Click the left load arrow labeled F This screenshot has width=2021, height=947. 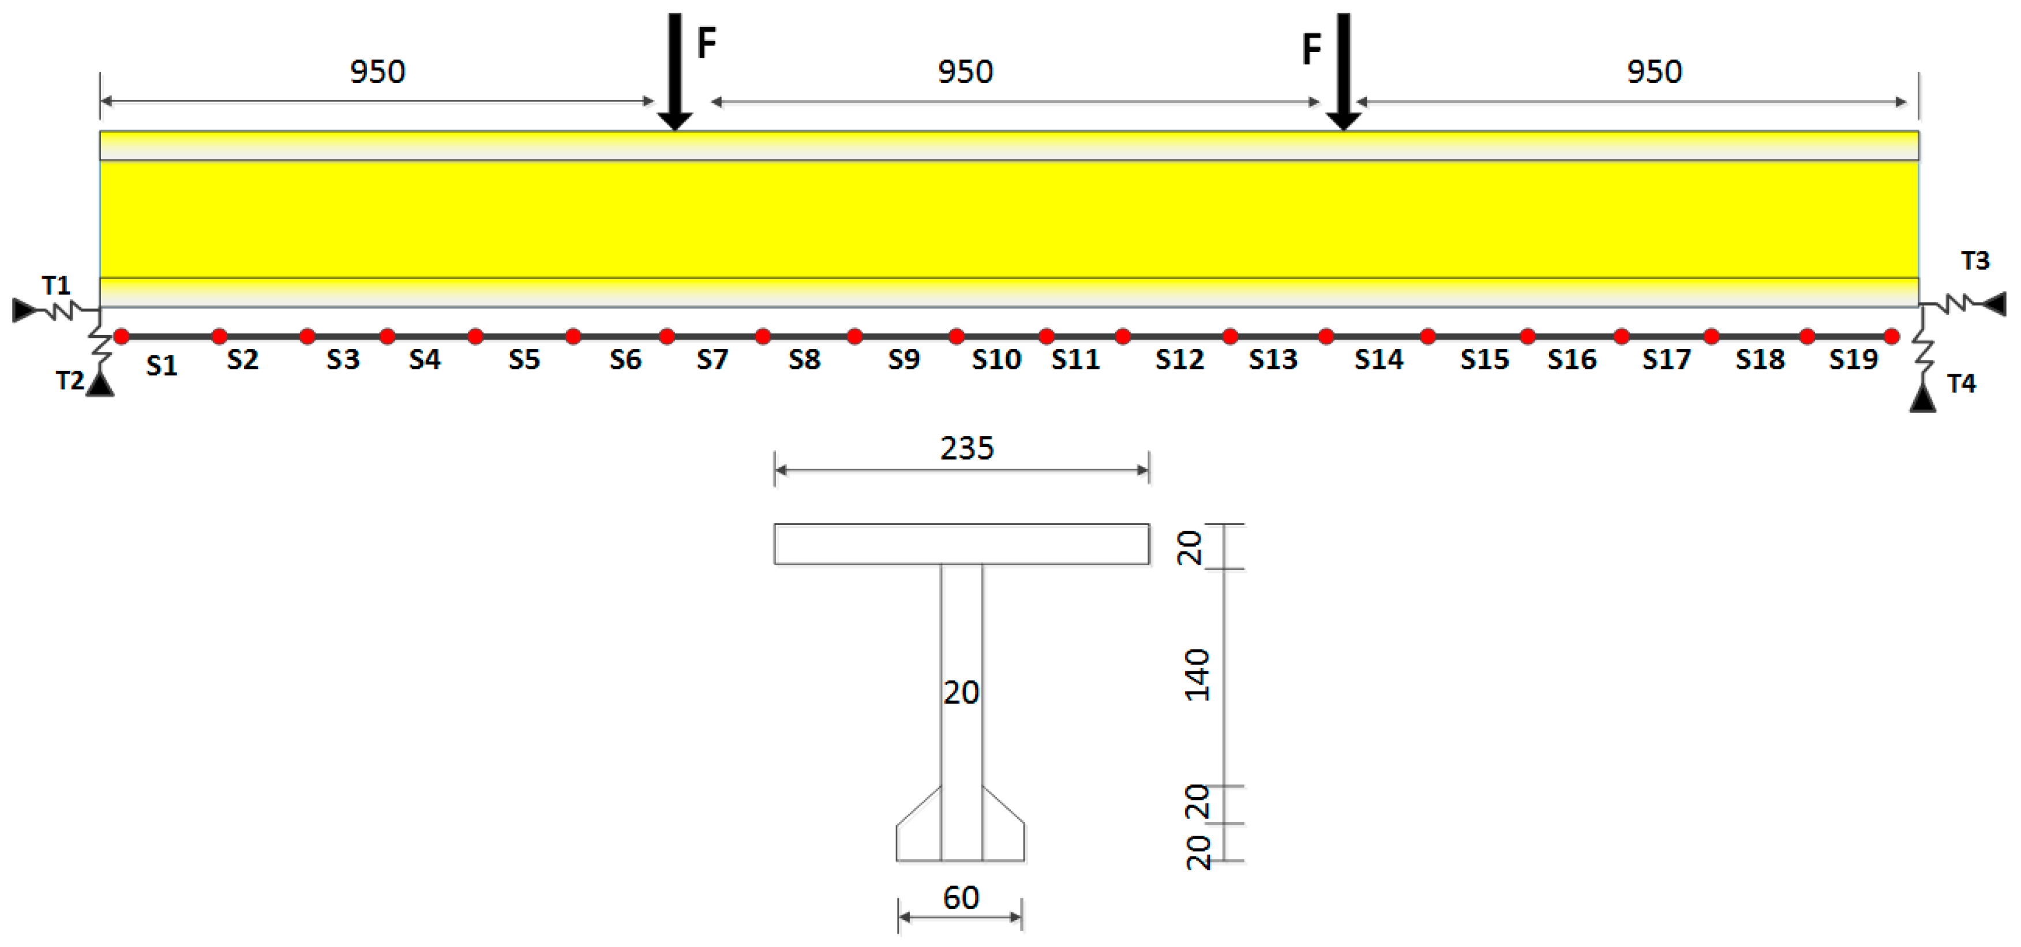tap(674, 70)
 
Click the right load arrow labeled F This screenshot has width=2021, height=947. tap(1343, 70)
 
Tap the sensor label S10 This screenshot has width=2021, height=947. tap(996, 359)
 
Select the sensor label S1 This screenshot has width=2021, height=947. tap(162, 366)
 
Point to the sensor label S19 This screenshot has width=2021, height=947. tap(1853, 359)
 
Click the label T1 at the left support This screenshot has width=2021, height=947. tap(56, 285)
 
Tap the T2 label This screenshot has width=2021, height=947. tap(69, 381)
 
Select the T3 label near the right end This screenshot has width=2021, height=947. tap(1975, 261)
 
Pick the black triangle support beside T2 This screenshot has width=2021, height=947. tap(100, 385)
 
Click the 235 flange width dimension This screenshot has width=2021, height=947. tap(966, 448)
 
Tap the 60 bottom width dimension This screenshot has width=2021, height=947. tap(960, 897)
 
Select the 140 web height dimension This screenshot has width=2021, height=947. tap(1197, 675)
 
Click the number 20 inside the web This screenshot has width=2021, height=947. tap(961, 693)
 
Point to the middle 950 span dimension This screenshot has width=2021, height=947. tap(965, 72)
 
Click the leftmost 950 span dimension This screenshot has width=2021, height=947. tap(377, 72)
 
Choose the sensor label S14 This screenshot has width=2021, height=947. tap(1378, 359)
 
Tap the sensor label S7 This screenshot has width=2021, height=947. tap(711, 359)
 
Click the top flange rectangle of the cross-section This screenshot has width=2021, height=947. tap(961, 544)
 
